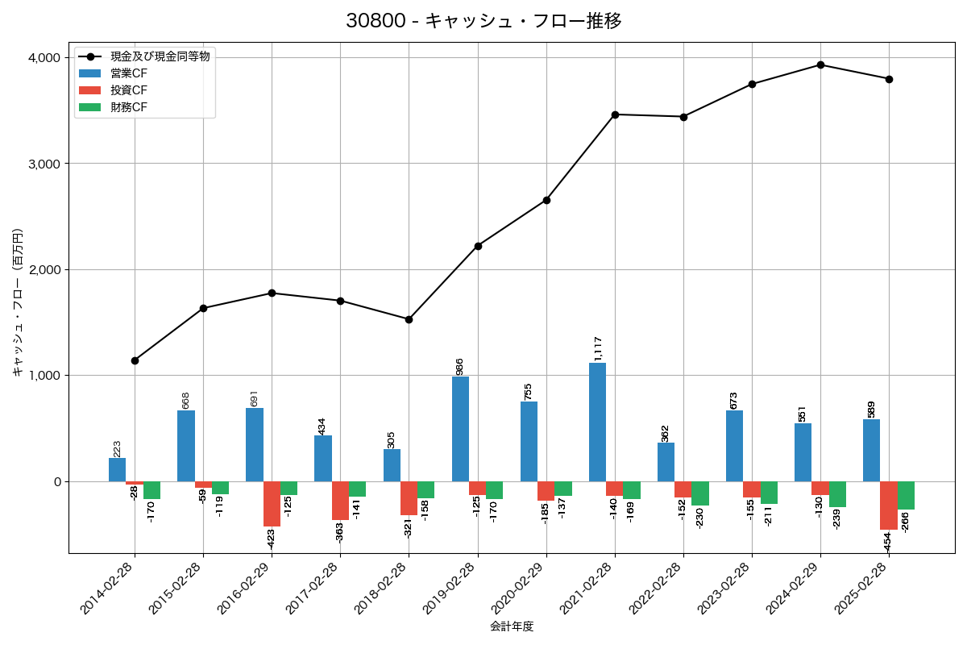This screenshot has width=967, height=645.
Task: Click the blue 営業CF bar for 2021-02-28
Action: point(597,422)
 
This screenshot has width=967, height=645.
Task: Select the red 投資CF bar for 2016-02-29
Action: point(272,504)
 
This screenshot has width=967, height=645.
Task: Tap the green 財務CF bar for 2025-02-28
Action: point(906,495)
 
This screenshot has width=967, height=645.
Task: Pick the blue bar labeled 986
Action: point(460,429)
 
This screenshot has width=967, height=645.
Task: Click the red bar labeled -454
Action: point(888,506)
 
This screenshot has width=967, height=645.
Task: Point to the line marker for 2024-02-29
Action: point(820,64)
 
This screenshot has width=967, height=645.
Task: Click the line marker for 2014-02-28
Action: point(135,360)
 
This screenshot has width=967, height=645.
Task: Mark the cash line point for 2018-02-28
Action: point(409,319)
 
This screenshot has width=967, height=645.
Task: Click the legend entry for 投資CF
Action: point(129,90)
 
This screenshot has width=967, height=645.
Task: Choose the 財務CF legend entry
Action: point(129,107)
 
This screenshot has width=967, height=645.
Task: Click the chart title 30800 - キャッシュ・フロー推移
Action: point(483,21)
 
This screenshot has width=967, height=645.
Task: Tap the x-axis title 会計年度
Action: point(512,626)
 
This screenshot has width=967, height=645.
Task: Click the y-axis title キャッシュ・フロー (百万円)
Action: point(18,303)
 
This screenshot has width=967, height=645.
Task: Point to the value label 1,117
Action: point(597,348)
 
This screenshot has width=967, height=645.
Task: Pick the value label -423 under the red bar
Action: point(271,538)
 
